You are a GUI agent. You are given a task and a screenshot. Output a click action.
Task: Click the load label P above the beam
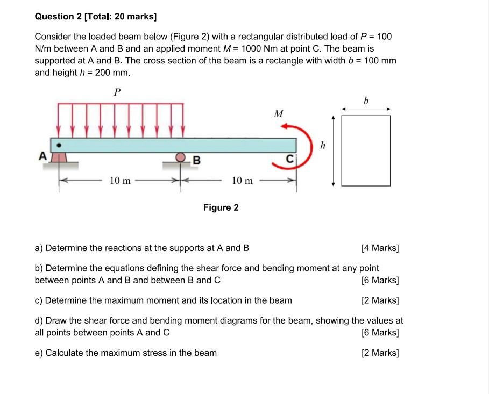click(117, 92)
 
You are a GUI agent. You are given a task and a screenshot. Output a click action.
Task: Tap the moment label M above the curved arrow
click(278, 113)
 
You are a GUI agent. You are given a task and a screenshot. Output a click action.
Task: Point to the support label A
click(42, 156)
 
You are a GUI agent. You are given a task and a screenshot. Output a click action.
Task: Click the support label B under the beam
click(196, 160)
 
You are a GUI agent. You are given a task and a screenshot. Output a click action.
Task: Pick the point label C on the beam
click(289, 159)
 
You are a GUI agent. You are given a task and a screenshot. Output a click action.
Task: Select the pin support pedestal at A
click(61, 157)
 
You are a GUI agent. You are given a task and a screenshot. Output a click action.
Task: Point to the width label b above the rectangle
click(366, 101)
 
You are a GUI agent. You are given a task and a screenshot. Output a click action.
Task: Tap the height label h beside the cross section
click(323, 145)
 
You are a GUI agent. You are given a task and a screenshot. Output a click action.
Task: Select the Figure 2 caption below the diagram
click(221, 207)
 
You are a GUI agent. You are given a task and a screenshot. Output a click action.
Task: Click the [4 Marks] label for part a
click(380, 248)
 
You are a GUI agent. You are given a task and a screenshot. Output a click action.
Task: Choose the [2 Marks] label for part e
click(380, 353)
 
